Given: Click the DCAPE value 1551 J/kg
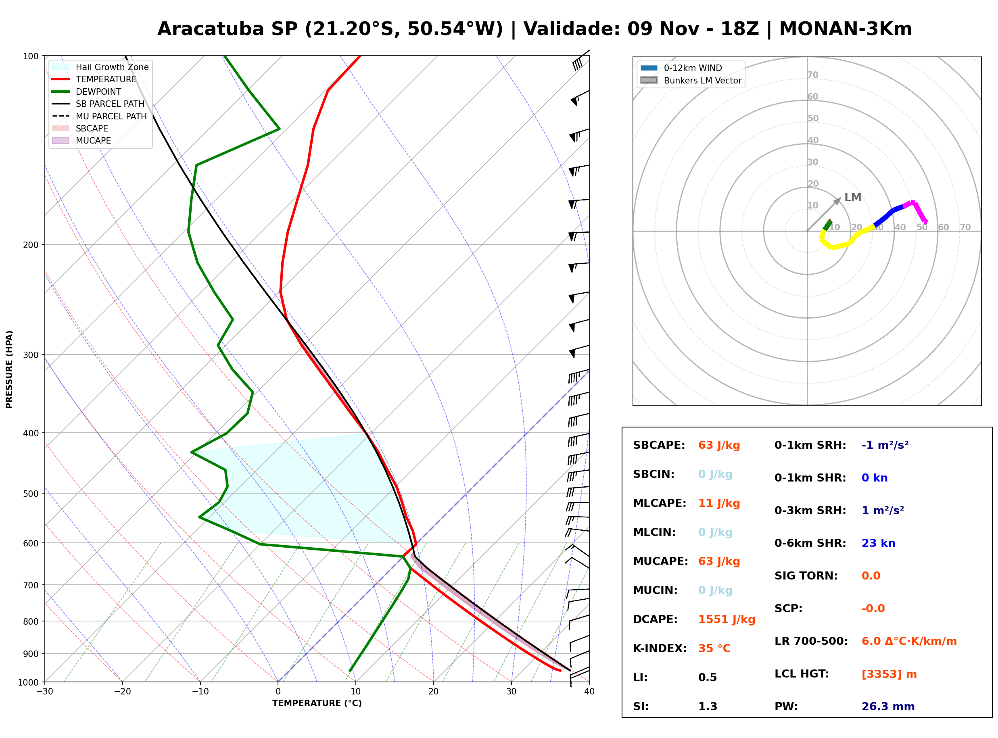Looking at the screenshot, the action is coord(727,619).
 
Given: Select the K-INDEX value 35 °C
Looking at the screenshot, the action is coord(714,648).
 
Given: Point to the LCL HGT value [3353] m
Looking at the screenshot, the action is coord(889,674).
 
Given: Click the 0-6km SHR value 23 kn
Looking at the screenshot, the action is coord(878,543).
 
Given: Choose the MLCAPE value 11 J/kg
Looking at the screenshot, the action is coord(719,503).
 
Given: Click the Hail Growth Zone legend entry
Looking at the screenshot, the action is coord(100,67).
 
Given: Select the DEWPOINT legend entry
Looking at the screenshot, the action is coord(87,92).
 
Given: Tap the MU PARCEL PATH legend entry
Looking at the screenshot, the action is coord(99,116).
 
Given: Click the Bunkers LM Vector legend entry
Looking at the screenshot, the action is coord(691,80).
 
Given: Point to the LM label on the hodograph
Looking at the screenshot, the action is coord(852,198).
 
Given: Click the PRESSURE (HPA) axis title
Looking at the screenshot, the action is coord(9,369).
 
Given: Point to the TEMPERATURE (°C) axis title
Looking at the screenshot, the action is coord(317,703).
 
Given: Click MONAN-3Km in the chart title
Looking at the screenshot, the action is coord(845,29).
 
